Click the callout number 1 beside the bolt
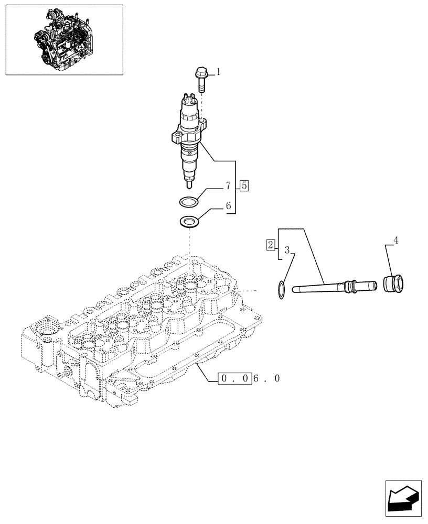click(218, 72)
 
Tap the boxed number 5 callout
click(245, 185)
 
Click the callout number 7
click(228, 186)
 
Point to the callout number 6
click(228, 206)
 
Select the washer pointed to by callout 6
click(189, 221)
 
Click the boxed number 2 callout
click(270, 244)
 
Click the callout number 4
click(396, 241)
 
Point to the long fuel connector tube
click(325, 287)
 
